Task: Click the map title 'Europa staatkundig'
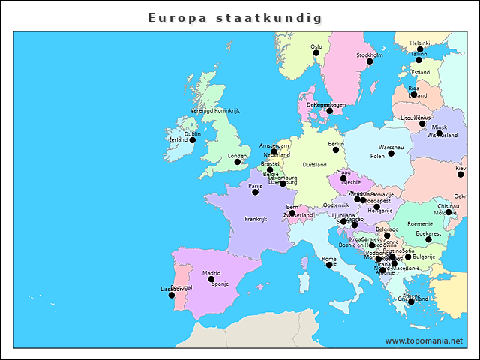click(235, 16)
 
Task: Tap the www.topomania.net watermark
click(424, 340)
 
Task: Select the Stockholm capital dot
click(370, 61)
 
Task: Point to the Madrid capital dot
click(211, 279)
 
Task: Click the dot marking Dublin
click(192, 140)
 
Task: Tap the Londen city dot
click(238, 162)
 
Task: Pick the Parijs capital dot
click(255, 192)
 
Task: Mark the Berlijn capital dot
click(336, 150)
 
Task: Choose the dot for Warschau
click(391, 154)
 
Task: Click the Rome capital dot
click(329, 265)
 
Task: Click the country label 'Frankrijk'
click(256, 220)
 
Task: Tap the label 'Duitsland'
click(314, 165)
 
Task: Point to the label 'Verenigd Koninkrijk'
click(214, 110)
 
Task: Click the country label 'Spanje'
click(220, 284)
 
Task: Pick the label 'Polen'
click(377, 157)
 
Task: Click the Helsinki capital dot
click(420, 49)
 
